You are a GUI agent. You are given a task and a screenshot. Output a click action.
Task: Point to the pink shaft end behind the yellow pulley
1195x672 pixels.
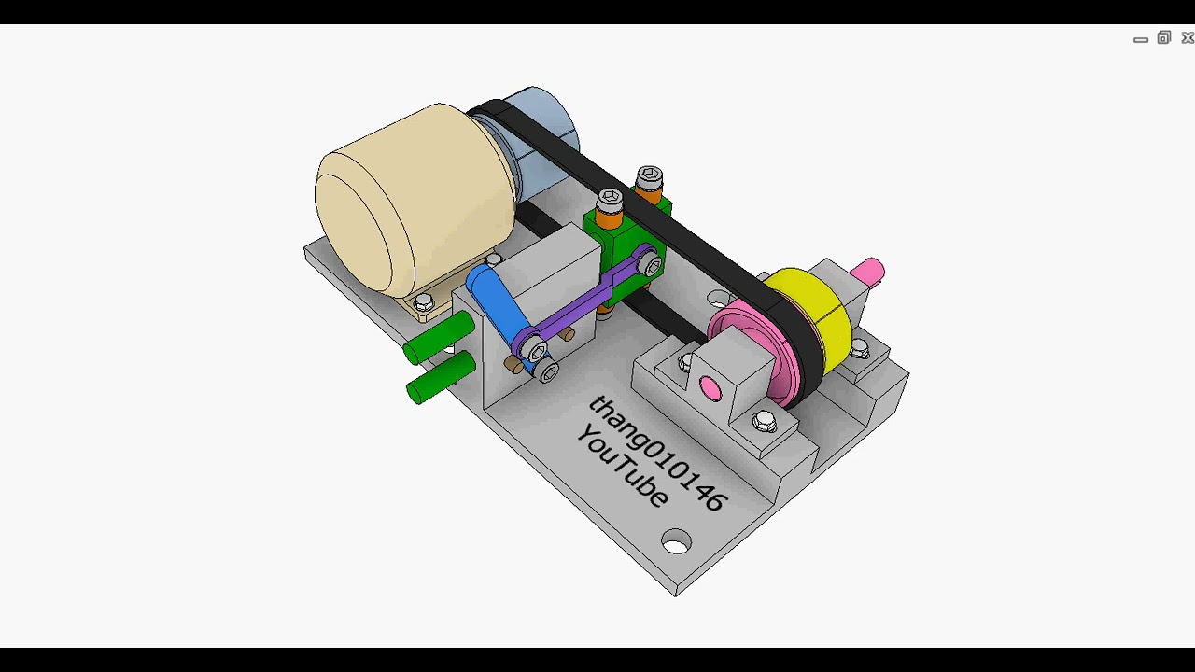[x=867, y=271]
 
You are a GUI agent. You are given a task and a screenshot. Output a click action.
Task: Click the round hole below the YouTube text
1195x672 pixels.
[x=676, y=541]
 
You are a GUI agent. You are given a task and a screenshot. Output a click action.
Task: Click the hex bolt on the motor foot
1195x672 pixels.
[x=424, y=301]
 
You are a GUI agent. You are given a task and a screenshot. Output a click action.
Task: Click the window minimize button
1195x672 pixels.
[x=1140, y=39]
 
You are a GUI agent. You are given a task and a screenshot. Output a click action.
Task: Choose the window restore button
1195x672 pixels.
[x=1163, y=38]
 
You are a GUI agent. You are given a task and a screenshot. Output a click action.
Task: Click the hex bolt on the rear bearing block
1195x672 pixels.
[x=859, y=348]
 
